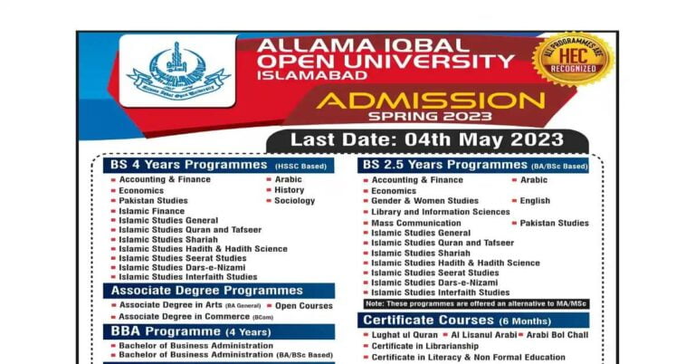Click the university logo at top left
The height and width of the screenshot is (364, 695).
(x=178, y=71)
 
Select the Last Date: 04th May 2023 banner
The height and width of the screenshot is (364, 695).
(x=427, y=140)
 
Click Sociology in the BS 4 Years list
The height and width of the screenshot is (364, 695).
(x=294, y=201)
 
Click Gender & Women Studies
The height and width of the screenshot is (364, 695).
(x=424, y=201)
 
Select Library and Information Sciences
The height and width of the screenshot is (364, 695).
(x=441, y=212)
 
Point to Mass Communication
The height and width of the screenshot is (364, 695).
(x=415, y=223)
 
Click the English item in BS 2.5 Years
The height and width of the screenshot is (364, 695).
(x=535, y=201)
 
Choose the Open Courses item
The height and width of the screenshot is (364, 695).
(x=303, y=306)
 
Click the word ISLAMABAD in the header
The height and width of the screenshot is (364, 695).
(x=307, y=77)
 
